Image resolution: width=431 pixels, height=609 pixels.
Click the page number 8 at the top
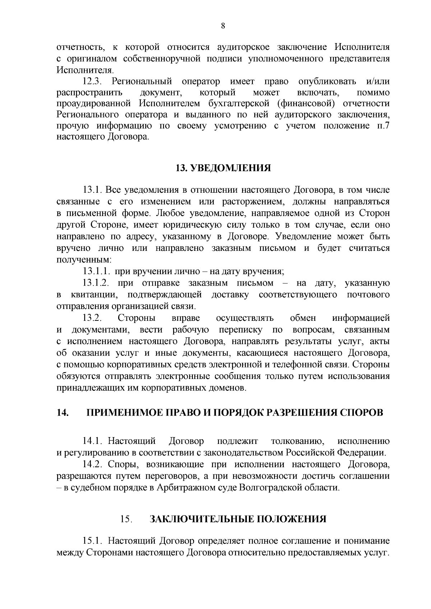pyautogui.click(x=223, y=26)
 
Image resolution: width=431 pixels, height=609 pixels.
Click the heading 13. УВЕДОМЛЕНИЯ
pyautogui.click(x=223, y=168)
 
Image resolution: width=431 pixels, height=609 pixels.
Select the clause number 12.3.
pyautogui.click(x=92, y=81)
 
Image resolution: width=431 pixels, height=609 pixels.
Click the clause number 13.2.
pyautogui.click(x=92, y=318)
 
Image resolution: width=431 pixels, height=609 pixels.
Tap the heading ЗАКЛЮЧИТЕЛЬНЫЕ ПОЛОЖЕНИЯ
pyautogui.click(x=238, y=519)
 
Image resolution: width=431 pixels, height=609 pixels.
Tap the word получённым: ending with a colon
pyautogui.click(x=84, y=260)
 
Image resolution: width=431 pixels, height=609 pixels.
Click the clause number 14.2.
pyautogui.click(x=92, y=465)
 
